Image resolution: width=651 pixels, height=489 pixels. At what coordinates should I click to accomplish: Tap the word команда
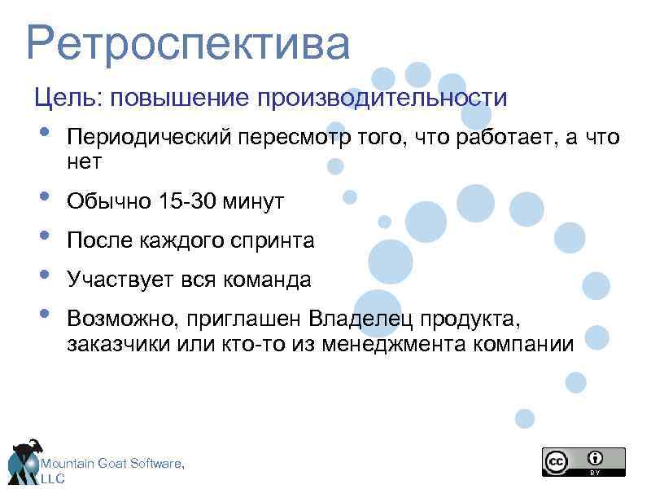[x=269, y=280]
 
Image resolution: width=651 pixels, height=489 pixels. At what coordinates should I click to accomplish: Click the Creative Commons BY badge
[x=583, y=461]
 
